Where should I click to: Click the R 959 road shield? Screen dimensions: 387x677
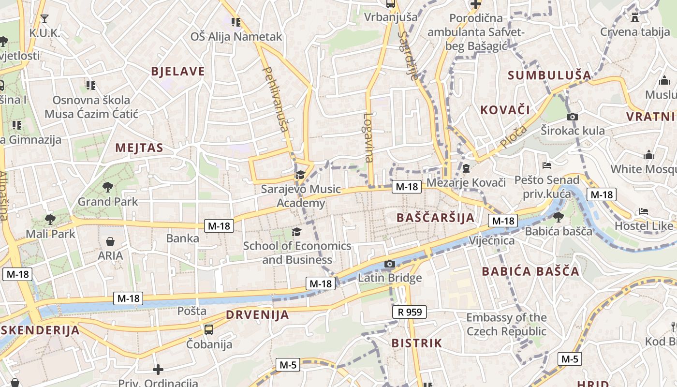tap(410, 312)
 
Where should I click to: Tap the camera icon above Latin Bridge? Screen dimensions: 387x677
tap(390, 264)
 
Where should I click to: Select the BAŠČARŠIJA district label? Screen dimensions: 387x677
tap(436, 218)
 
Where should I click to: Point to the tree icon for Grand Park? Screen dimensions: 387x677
tap(108, 187)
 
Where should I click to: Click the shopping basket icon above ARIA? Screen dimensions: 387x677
tap(110, 241)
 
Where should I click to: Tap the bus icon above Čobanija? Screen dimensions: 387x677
tap(209, 330)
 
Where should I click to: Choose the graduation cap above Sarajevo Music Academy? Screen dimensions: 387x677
tap(300, 175)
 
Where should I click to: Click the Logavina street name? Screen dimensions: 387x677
tap(369, 137)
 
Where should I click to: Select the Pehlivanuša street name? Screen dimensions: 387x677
tap(275, 99)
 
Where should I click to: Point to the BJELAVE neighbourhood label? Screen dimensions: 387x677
tap(178, 72)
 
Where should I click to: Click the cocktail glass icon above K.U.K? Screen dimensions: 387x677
tap(44, 19)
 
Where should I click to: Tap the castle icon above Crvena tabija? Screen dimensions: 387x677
tap(635, 17)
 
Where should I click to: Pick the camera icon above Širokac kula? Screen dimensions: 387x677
tap(573, 117)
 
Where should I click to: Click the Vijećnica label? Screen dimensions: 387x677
tap(492, 240)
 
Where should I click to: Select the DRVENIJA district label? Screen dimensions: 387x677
tap(257, 315)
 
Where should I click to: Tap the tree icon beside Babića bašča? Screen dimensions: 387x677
tap(559, 217)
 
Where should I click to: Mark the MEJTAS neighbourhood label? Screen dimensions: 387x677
tap(139, 148)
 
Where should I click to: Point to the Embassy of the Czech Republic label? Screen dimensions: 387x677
tap(506, 325)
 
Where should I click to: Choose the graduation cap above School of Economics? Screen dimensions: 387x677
tap(296, 232)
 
